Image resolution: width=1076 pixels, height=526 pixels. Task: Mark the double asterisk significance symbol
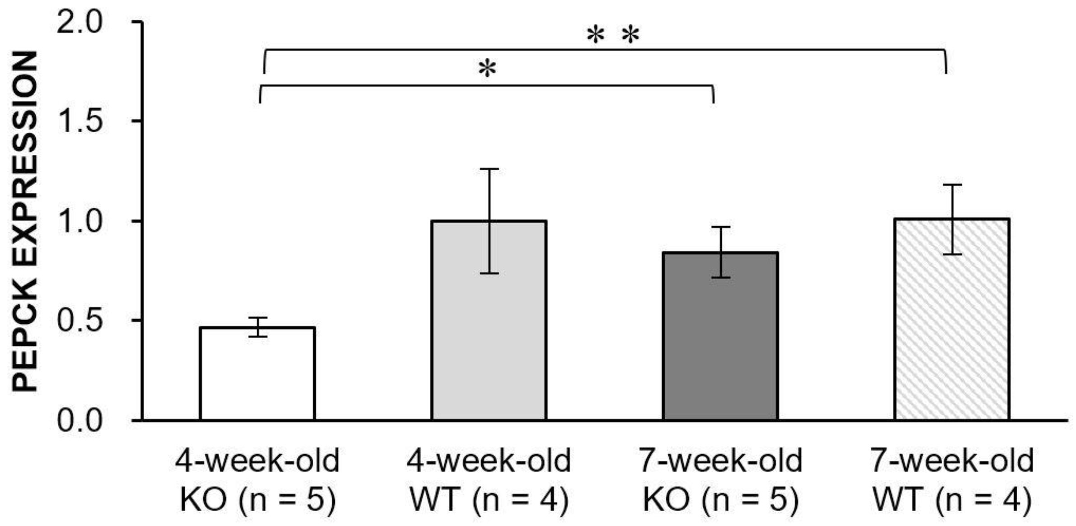[x=613, y=35]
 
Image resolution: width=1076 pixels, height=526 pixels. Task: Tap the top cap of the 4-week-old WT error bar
[x=489, y=169]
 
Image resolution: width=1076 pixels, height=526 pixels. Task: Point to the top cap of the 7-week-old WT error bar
[x=952, y=185]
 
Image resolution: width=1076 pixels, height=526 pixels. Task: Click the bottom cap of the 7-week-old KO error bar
[x=720, y=277]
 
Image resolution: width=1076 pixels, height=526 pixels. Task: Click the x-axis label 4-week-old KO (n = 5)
[x=258, y=479]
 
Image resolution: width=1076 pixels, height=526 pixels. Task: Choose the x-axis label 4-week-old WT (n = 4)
[x=489, y=479]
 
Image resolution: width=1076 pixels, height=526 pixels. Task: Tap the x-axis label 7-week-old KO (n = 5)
[x=720, y=479]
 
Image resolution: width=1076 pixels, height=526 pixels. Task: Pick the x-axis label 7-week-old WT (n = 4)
[x=952, y=479]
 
